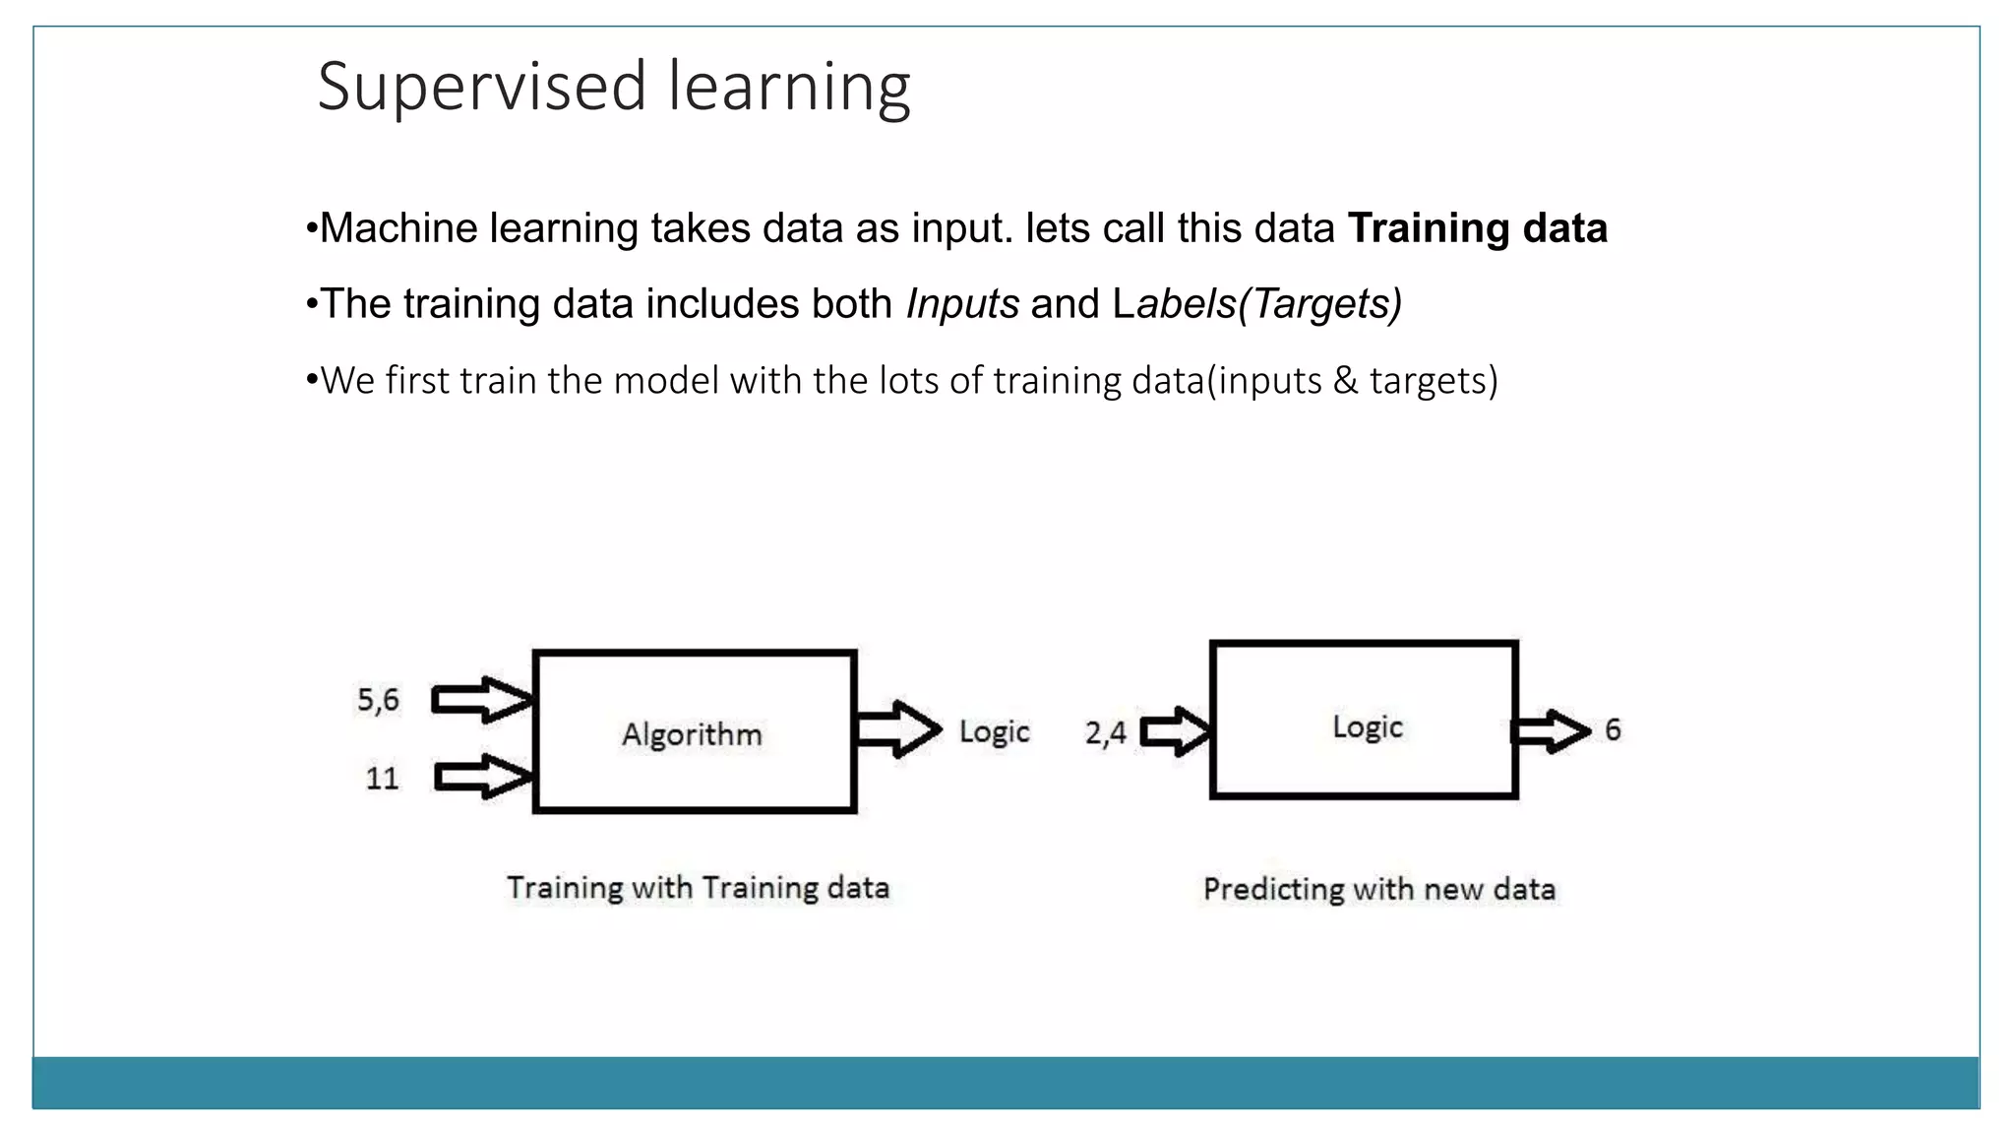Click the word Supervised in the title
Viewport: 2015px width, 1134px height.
(481, 88)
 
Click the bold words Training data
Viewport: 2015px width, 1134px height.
(1477, 228)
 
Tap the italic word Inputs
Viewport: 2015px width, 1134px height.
(962, 304)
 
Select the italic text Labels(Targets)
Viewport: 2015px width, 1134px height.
(1257, 304)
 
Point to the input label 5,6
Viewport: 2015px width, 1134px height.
(378, 700)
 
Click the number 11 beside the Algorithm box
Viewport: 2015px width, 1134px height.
(382, 779)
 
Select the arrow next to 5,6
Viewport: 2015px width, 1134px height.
(482, 700)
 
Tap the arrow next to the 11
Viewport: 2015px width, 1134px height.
(483, 777)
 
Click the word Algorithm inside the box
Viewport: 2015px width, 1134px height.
(692, 734)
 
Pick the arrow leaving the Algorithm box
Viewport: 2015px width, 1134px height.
(898, 729)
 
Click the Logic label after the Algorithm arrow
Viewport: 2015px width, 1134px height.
(994, 731)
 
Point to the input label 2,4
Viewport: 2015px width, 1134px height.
(1105, 732)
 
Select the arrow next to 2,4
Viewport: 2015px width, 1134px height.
(1176, 731)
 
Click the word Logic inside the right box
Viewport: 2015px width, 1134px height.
(1367, 726)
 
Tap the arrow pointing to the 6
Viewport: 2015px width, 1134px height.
(1551, 731)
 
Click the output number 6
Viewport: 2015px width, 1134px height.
(1613, 730)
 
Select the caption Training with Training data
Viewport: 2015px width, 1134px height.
(698, 888)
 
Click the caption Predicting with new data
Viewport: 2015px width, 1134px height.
(1378, 890)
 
